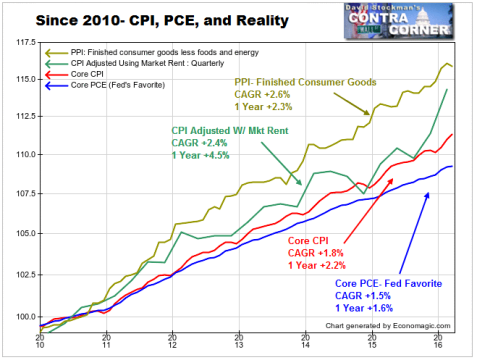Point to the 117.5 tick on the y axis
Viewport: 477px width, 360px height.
[x=20, y=42]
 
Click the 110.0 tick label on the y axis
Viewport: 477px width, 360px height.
[x=20, y=155]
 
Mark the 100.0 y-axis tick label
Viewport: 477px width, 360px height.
[x=20, y=316]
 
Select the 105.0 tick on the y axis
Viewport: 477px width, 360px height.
[x=20, y=235]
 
